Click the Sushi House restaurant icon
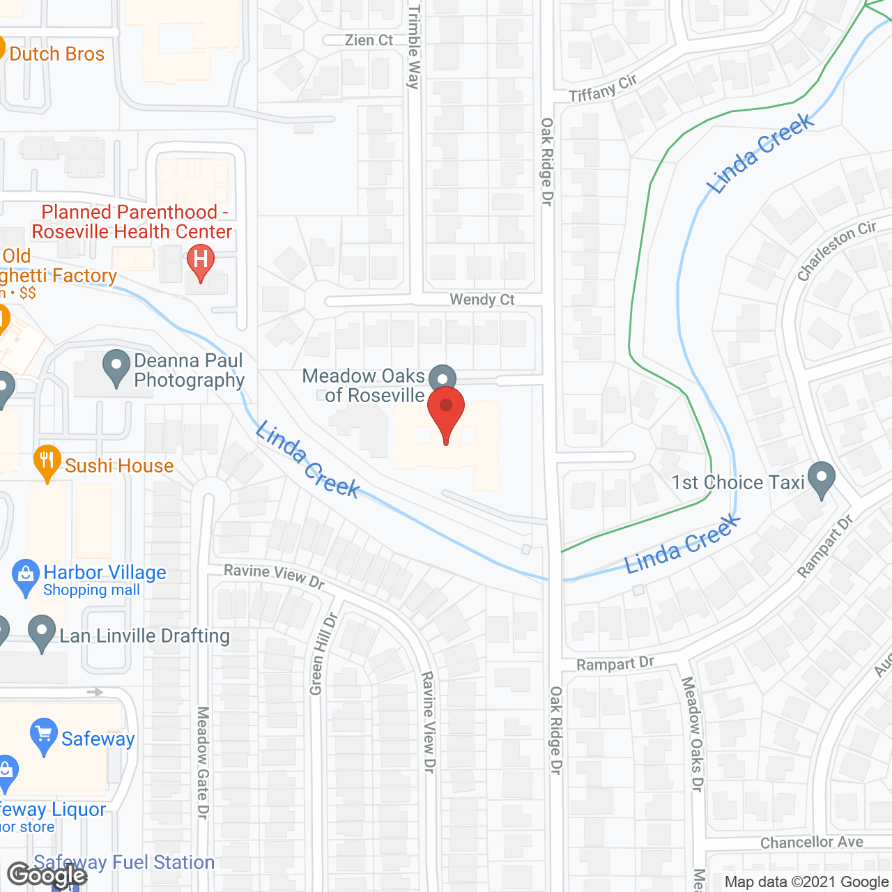(x=47, y=461)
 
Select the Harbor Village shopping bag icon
(x=26, y=576)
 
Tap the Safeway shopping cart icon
(x=44, y=735)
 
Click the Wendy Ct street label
(x=482, y=300)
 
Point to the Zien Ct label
(x=369, y=40)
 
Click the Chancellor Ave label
(x=811, y=843)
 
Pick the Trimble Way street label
(x=414, y=47)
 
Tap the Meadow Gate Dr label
(x=203, y=762)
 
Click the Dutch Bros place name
(x=57, y=54)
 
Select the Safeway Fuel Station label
(x=124, y=862)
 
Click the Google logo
(x=47, y=875)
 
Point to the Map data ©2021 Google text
(x=806, y=882)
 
